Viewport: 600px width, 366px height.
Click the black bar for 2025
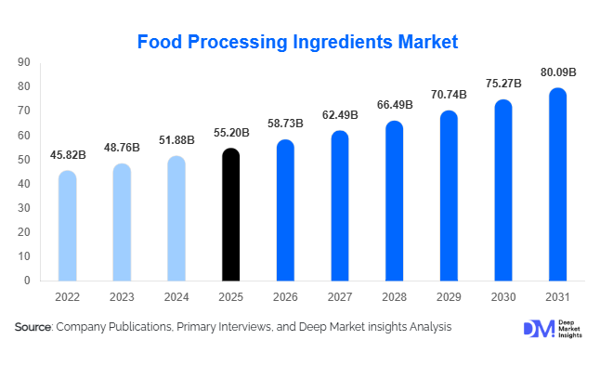point(230,215)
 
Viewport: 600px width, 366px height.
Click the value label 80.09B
point(558,72)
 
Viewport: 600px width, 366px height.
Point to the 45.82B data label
point(67,155)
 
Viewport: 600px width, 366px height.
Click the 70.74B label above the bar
point(449,95)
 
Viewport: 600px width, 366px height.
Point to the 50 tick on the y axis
point(24,160)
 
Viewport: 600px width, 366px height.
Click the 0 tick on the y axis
point(27,281)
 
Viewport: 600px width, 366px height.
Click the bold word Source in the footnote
point(33,327)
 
